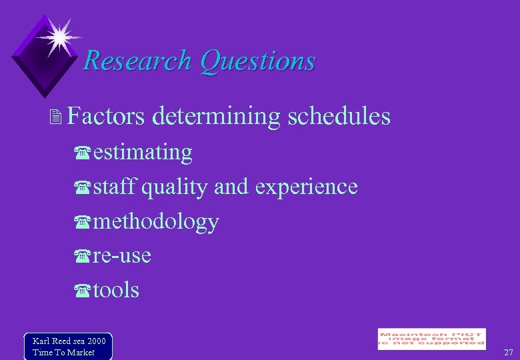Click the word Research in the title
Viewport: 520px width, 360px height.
tap(139, 61)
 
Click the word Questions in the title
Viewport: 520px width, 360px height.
tap(257, 61)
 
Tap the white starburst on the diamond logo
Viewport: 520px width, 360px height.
tap(59, 35)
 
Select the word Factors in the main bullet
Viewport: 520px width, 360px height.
tap(106, 117)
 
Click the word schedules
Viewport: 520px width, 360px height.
tap(339, 117)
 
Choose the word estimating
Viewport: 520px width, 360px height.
tap(143, 153)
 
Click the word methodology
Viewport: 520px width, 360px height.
tap(156, 222)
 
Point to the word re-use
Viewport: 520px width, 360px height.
tap(122, 256)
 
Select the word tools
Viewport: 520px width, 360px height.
tap(116, 290)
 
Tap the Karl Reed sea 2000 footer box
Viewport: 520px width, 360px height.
tap(68, 346)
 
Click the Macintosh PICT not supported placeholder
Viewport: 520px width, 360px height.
tap(431, 339)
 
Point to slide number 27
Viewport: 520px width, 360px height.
tap(509, 352)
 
